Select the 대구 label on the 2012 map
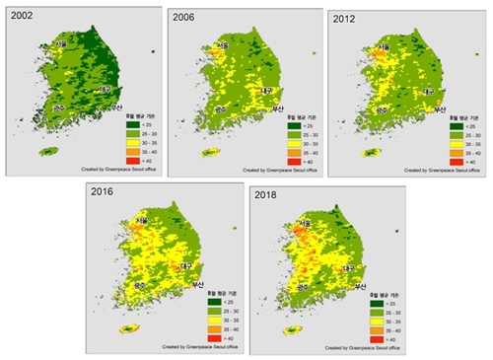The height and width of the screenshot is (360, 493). coord(428,91)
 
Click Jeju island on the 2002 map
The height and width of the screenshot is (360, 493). coord(48,151)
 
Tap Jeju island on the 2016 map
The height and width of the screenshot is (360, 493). coord(124,330)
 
